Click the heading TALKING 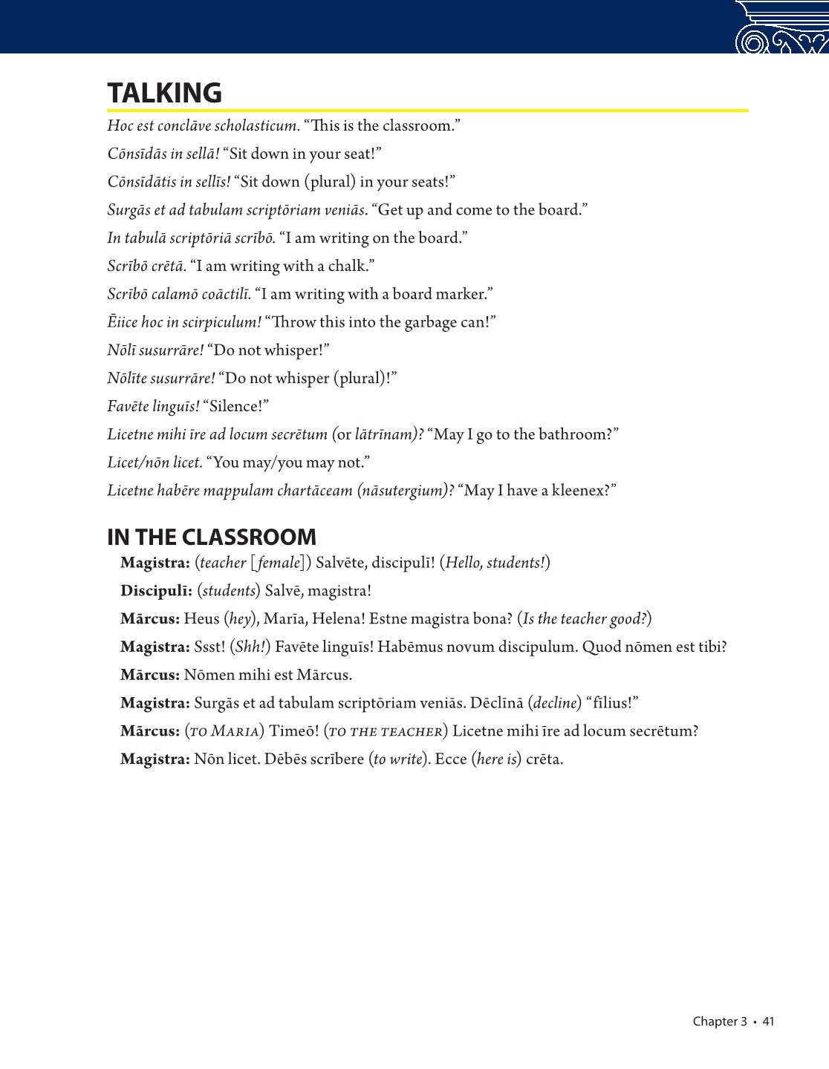pyautogui.click(x=164, y=94)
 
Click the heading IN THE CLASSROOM pyautogui.click(x=212, y=537)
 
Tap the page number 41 pyautogui.click(x=768, y=1021)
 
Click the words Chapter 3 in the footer pyautogui.click(x=719, y=1021)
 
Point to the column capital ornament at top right pyautogui.click(x=781, y=27)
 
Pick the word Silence pyautogui.click(x=235, y=406)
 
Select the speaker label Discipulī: pyautogui.click(x=157, y=591)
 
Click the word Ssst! pyautogui.click(x=209, y=647)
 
